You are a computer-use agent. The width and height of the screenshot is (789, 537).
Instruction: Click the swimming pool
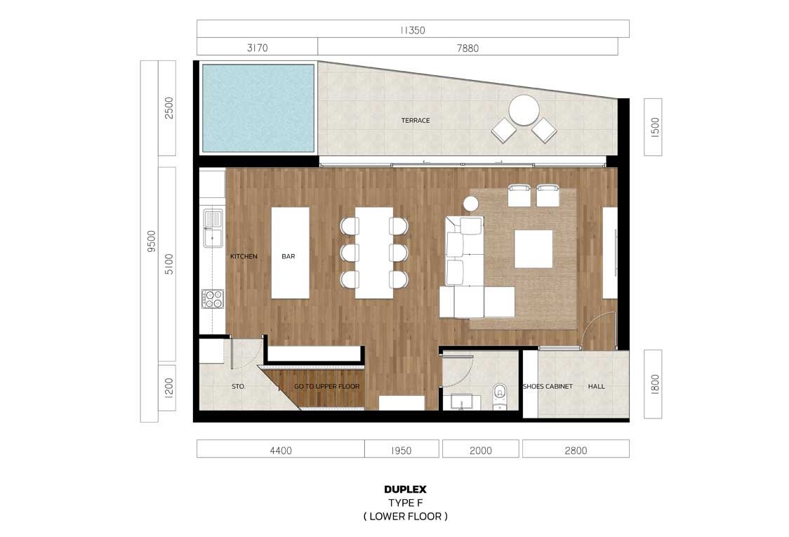click(258, 107)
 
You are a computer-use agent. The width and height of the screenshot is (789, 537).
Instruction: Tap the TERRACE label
click(416, 120)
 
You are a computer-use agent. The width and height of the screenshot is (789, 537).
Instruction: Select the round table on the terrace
click(524, 110)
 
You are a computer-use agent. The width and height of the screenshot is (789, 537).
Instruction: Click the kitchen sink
click(213, 229)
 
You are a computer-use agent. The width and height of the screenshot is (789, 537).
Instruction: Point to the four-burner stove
click(213, 298)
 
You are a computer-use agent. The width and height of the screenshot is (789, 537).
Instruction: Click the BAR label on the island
click(289, 256)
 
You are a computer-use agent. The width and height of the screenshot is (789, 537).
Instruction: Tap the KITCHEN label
click(244, 256)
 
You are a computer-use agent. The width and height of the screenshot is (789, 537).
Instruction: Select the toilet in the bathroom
click(500, 396)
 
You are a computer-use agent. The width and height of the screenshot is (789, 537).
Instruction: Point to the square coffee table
click(533, 248)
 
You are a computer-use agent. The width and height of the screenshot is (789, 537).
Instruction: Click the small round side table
click(470, 204)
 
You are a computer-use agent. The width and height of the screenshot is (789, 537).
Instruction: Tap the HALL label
click(596, 387)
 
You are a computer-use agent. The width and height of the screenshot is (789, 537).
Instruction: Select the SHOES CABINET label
click(548, 387)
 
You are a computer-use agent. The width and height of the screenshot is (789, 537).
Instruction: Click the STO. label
click(239, 387)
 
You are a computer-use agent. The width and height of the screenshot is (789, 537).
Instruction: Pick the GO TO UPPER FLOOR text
click(327, 387)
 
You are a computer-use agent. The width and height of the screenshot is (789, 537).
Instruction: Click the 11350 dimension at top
click(413, 30)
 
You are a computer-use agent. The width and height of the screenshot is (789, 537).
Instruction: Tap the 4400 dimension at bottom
click(280, 451)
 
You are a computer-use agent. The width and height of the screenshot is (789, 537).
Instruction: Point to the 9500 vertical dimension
click(151, 241)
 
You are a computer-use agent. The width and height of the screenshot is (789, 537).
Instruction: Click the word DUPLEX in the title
click(405, 489)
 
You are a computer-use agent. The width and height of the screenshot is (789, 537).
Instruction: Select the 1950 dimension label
click(401, 451)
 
